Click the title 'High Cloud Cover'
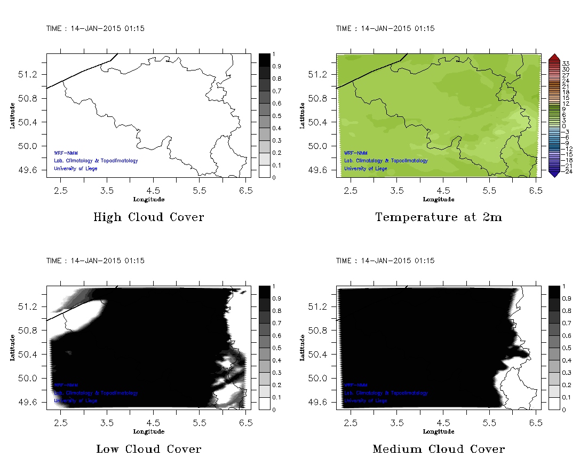148,217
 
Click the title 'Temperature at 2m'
439,217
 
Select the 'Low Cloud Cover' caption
148,449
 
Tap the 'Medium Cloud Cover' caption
439,449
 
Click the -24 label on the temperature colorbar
565,171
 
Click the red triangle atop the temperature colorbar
554,57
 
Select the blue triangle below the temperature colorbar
554,173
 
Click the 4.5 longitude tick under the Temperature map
443,190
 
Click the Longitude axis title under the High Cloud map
148,200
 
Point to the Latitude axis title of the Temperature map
302,115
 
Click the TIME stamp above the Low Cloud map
96,261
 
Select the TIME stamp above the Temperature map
385,28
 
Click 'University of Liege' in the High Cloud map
76,169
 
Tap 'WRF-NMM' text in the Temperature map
355,153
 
